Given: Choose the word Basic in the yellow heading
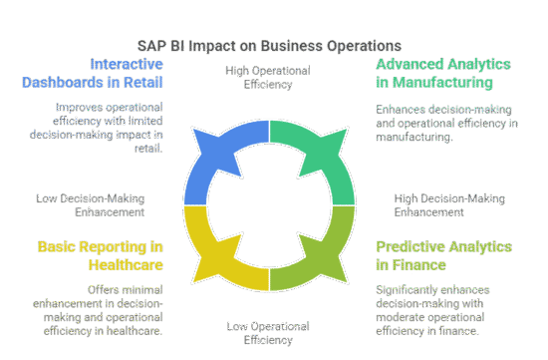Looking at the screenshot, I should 59,245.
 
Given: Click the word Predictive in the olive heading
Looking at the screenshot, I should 412,245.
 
